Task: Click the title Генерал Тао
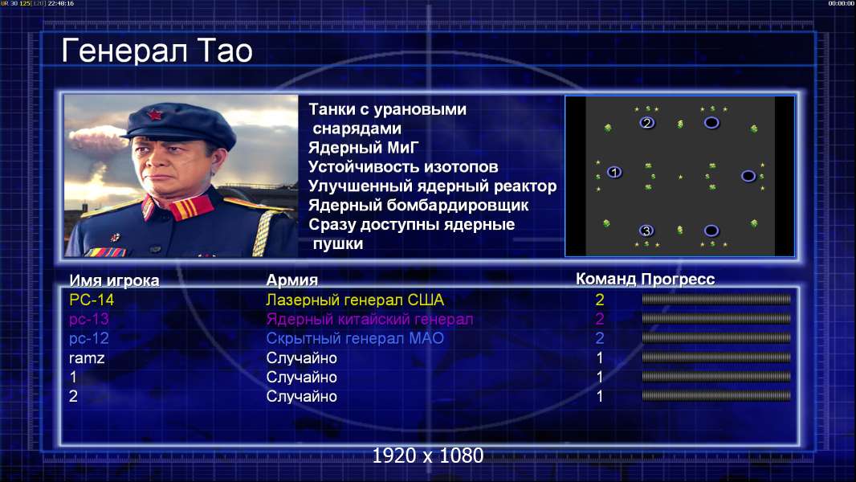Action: click(x=157, y=51)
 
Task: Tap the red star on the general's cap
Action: click(x=154, y=115)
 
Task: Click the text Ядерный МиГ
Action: click(x=364, y=147)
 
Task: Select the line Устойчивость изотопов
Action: click(x=403, y=166)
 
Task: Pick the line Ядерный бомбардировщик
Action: click(x=418, y=205)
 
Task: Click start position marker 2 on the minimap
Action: click(x=647, y=123)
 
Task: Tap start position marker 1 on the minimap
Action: click(x=614, y=173)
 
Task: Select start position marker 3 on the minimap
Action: click(x=646, y=231)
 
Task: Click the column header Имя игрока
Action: click(x=114, y=280)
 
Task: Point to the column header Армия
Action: click(x=292, y=280)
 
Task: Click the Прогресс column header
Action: click(x=678, y=279)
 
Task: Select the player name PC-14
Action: click(x=92, y=300)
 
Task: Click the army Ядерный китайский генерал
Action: click(x=369, y=319)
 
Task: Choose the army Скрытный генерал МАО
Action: click(x=355, y=338)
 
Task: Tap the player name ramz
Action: click(x=87, y=358)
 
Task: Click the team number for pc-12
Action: click(x=599, y=338)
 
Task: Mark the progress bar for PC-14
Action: click(x=716, y=299)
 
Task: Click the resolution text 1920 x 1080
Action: click(x=428, y=455)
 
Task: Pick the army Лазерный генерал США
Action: click(x=355, y=300)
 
